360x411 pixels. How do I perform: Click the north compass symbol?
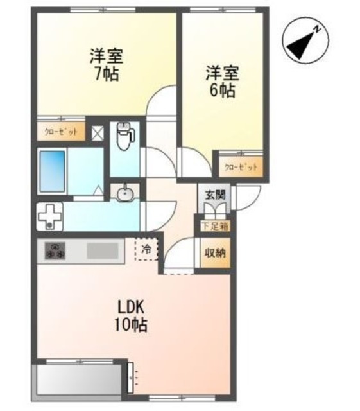click(x=302, y=40)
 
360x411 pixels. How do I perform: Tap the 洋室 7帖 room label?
click(x=106, y=64)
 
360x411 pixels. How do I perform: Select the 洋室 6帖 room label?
click(x=220, y=81)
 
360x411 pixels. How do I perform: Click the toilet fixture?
click(x=124, y=136)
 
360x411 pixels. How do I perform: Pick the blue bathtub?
click(x=53, y=170)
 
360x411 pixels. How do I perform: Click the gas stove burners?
click(x=54, y=250)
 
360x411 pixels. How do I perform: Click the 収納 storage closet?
click(x=215, y=252)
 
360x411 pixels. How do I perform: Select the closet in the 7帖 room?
click(x=61, y=132)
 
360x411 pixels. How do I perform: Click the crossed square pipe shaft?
click(x=97, y=133)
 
